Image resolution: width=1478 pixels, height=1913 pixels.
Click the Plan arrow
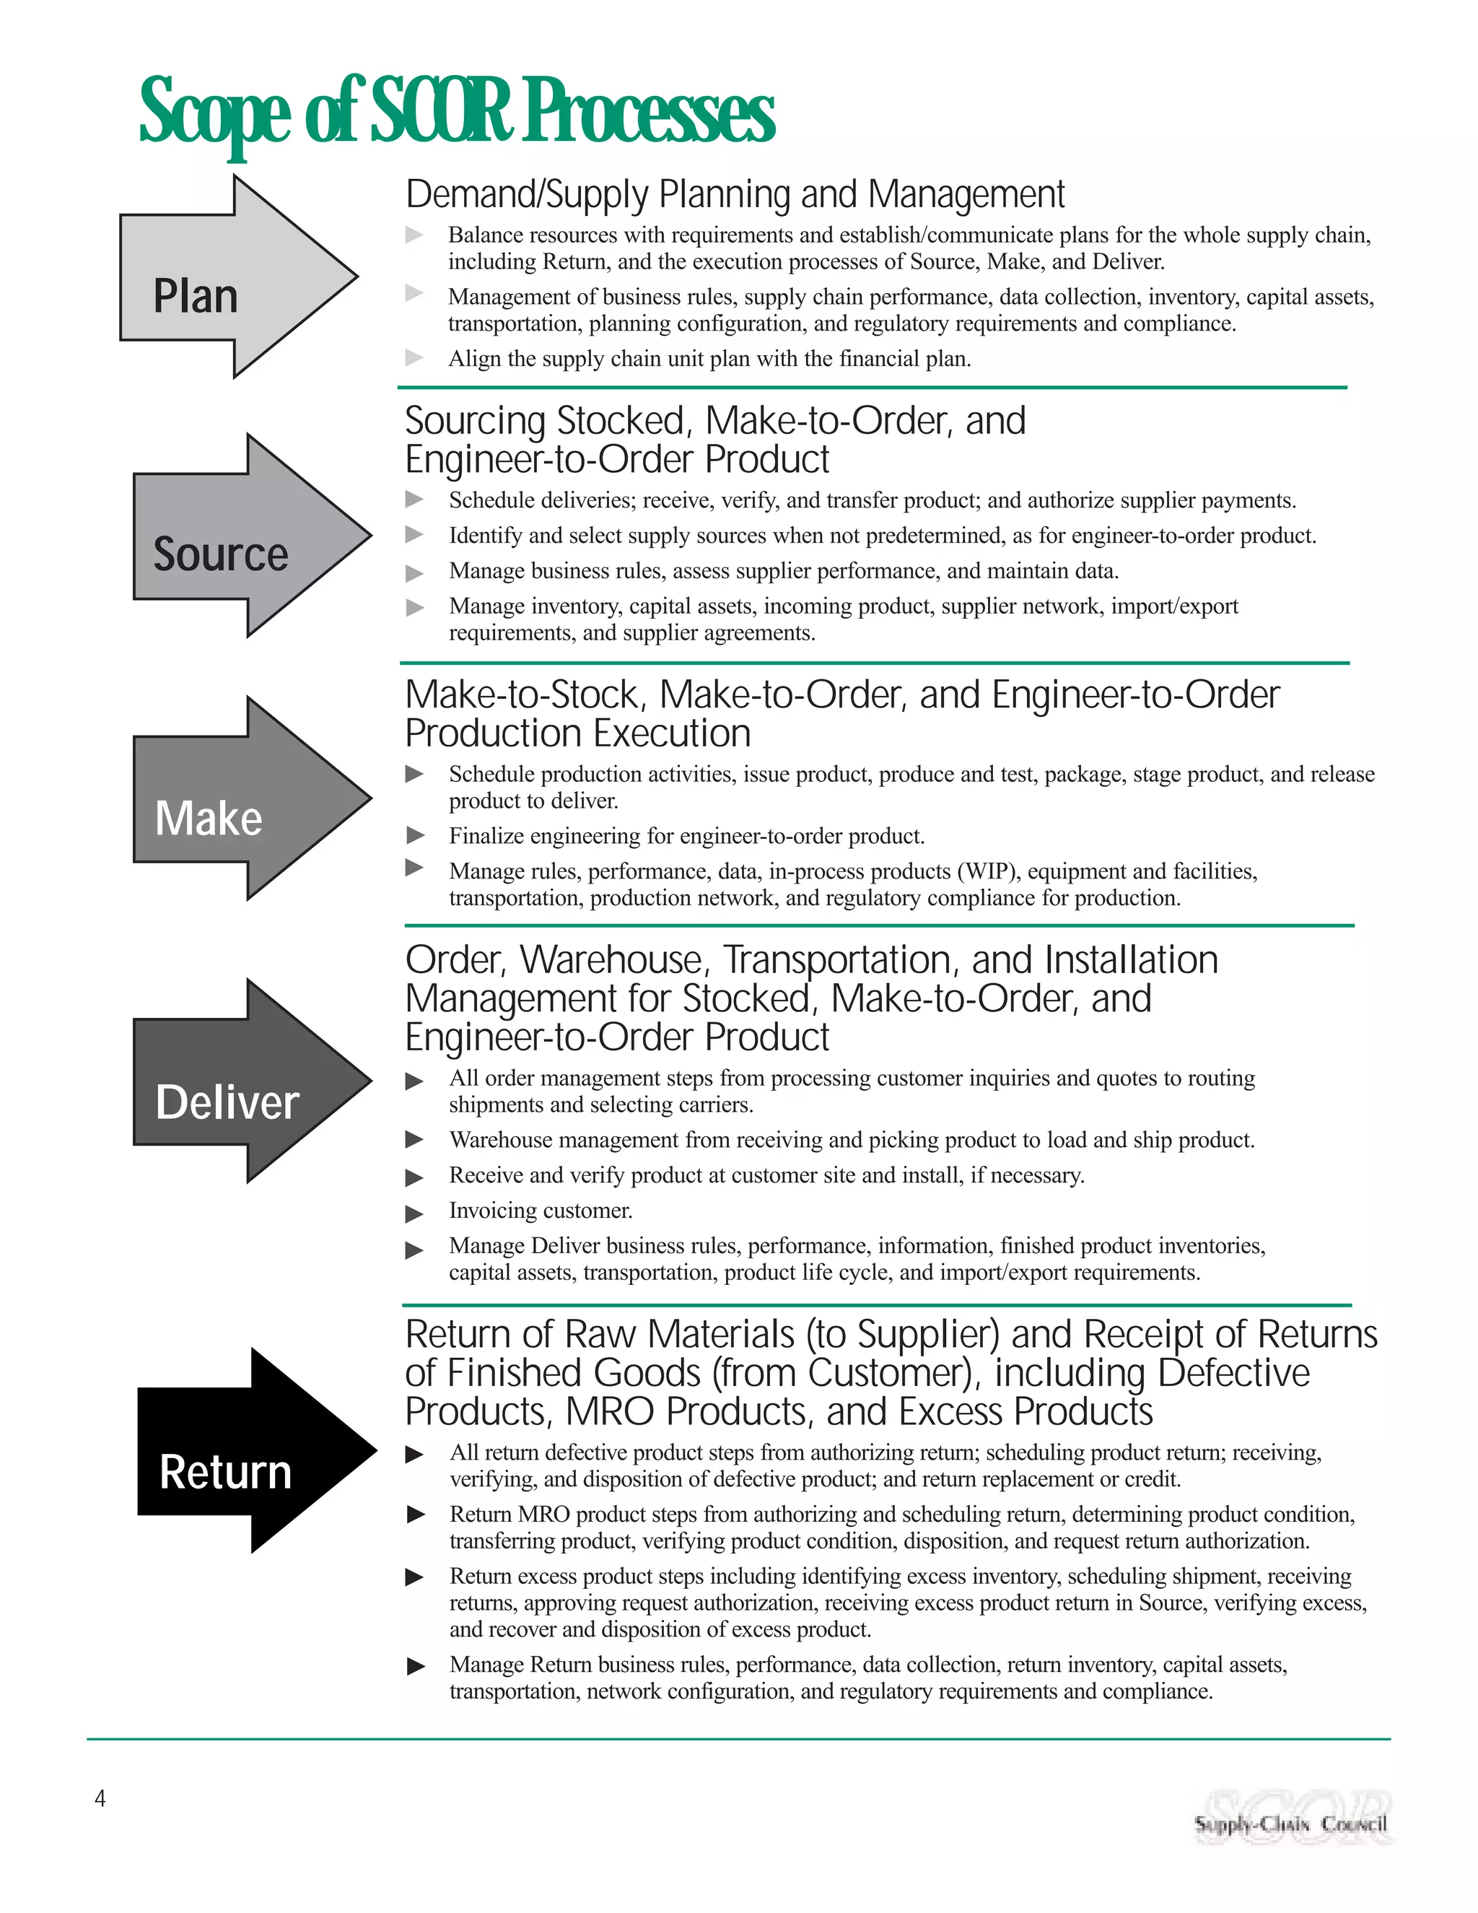pos(227,279)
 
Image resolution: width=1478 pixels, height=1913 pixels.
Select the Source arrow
pos(241,537)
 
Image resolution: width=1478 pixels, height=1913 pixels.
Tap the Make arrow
pos(241,800)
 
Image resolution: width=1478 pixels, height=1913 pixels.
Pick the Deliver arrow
pos(241,1083)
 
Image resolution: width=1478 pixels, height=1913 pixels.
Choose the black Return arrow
pos(245,1452)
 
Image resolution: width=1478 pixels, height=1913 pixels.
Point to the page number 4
pos(100,1799)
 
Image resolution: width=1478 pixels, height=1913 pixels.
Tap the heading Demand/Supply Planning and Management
pos(735,194)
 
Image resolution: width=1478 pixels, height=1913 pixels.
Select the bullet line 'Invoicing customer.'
pos(541,1211)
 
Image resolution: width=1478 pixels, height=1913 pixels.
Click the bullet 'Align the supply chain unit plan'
pos(709,359)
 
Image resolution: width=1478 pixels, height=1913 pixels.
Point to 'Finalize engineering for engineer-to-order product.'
pos(686,837)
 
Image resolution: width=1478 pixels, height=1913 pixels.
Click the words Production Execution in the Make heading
pos(578,734)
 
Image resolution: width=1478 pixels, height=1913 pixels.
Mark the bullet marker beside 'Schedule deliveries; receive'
pos(415,500)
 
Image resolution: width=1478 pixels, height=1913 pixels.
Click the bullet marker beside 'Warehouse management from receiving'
pos(415,1140)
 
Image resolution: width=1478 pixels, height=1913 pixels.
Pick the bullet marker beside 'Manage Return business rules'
pos(416,1666)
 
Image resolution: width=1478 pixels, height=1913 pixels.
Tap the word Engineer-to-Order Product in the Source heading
pos(616,460)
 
